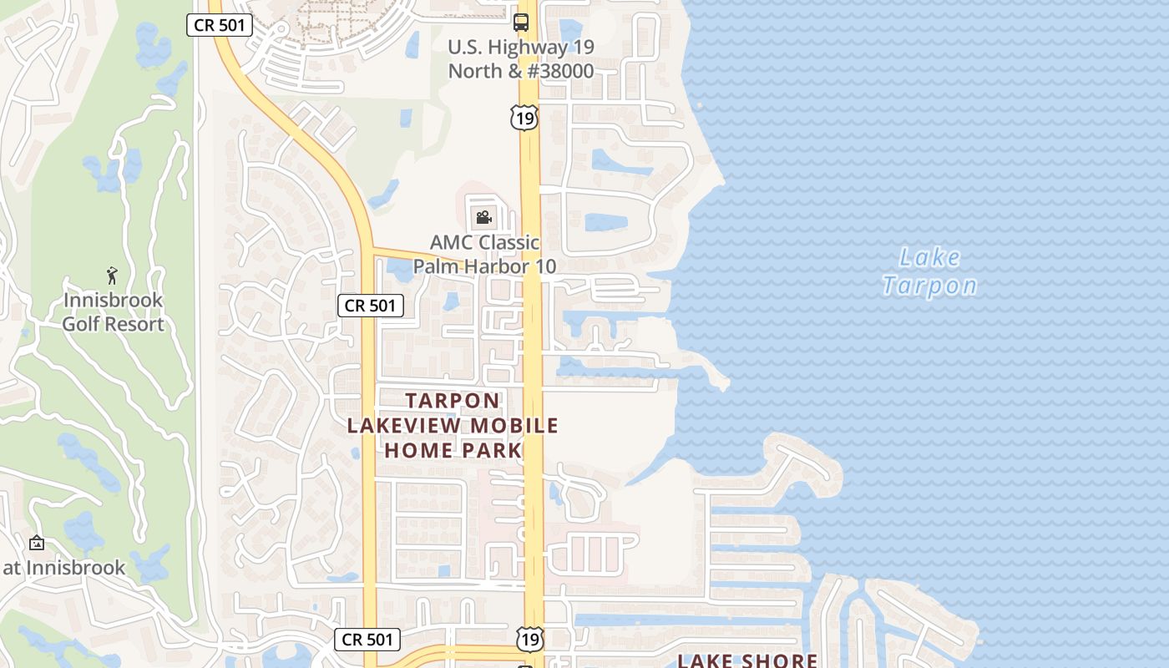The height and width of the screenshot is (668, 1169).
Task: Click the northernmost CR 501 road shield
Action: point(219,25)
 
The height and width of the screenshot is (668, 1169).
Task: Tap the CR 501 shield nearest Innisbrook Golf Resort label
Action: point(370,306)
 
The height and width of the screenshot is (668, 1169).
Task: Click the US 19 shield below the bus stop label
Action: point(525,119)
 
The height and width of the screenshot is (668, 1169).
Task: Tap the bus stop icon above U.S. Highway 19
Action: point(521,22)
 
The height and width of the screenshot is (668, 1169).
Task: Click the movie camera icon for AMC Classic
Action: point(483,219)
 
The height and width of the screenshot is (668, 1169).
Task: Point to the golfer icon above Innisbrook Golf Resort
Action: point(113,275)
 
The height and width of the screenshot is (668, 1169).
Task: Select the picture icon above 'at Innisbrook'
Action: point(36,543)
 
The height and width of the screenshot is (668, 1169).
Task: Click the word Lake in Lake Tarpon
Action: point(931,257)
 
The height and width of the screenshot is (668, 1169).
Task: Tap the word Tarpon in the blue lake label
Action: point(929,286)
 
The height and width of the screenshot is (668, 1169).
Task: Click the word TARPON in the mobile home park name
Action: point(453,401)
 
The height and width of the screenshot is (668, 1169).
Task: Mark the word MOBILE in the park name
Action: point(514,426)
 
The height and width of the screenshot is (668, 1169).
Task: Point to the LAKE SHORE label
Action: point(746,660)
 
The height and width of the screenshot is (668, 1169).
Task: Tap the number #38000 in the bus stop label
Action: point(559,71)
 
